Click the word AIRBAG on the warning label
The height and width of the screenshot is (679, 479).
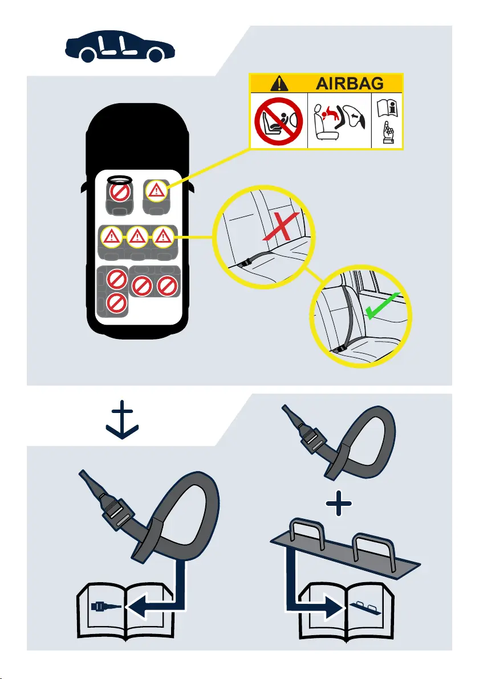click(350, 83)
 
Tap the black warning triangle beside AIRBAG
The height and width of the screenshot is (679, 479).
click(279, 83)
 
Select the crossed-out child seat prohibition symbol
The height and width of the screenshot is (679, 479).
click(278, 120)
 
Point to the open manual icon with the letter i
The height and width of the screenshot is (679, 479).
click(388, 108)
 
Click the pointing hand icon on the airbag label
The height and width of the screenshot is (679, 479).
click(388, 133)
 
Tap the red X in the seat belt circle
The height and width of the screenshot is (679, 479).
click(281, 226)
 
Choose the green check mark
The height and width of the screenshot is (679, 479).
click(382, 306)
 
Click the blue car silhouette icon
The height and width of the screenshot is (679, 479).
click(120, 47)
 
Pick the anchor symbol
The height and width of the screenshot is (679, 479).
click(122, 420)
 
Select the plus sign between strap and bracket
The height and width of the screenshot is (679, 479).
click(339, 504)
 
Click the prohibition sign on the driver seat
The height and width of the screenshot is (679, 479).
click(120, 193)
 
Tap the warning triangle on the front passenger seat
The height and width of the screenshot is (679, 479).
click(156, 190)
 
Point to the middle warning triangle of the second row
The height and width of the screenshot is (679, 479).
click(137, 237)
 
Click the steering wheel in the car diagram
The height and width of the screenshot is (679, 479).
click(120, 179)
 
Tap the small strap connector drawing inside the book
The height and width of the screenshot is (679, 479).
click(106, 606)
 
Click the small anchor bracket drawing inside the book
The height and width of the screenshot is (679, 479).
click(366, 608)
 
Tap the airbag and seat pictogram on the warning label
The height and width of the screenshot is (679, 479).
click(339, 121)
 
